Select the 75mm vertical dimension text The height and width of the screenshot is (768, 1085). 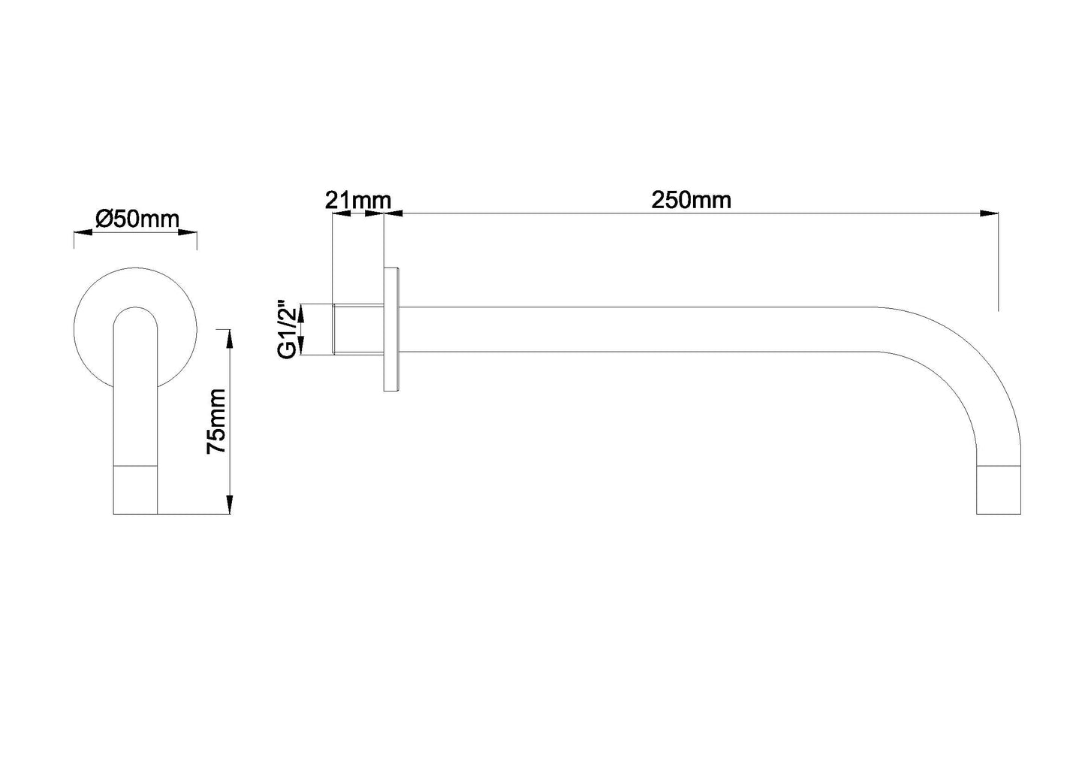pos(216,421)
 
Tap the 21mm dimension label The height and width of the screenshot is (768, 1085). pos(357,201)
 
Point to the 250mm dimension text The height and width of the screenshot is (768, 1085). pos(691,201)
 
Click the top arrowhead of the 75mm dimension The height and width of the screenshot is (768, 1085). pos(229,337)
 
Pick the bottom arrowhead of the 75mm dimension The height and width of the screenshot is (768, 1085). pos(229,505)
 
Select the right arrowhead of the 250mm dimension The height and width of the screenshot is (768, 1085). pos(989,214)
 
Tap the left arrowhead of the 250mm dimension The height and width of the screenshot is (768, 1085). pos(393,214)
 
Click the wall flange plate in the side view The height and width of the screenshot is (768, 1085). pos(391,329)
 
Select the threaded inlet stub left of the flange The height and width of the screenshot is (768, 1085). pos(357,329)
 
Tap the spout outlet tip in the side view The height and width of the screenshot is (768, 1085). pos(998,491)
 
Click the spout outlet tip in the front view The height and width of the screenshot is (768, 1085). pos(136,491)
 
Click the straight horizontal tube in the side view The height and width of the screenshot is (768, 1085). pos(638,329)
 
